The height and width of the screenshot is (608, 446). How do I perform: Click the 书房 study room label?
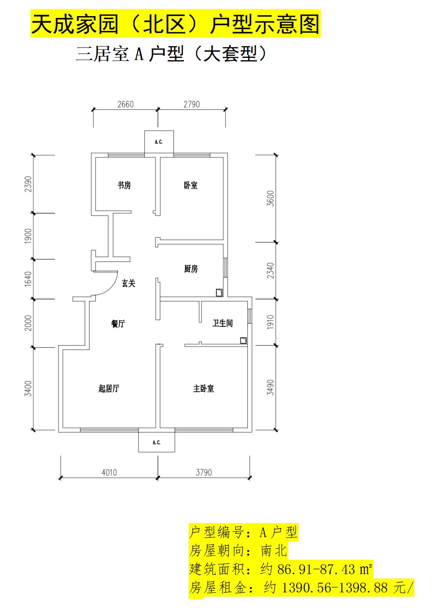coord(124,185)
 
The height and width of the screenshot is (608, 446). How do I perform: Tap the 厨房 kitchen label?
coord(191,269)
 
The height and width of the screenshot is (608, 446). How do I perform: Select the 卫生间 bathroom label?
coord(222,323)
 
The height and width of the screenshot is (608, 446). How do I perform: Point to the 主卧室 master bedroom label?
coord(203,388)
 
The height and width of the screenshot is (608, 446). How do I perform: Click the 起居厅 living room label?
coord(109,388)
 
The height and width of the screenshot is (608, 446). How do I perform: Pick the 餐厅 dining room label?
coord(118,323)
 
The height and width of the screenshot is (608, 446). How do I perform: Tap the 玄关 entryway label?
coord(128,283)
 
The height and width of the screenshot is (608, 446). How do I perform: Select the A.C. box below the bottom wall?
coord(156,442)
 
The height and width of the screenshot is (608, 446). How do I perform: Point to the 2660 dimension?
coord(126,104)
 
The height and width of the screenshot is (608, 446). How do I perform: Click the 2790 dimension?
coord(192,104)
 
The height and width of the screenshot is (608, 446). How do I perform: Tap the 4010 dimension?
coord(109,473)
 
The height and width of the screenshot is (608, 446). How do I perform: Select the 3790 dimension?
coord(203,473)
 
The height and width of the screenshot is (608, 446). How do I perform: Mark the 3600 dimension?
coord(270,198)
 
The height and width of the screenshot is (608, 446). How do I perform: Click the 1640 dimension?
coord(28,279)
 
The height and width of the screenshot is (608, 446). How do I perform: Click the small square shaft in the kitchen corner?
coord(219,292)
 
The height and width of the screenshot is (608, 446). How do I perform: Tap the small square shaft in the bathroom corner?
coord(243,340)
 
